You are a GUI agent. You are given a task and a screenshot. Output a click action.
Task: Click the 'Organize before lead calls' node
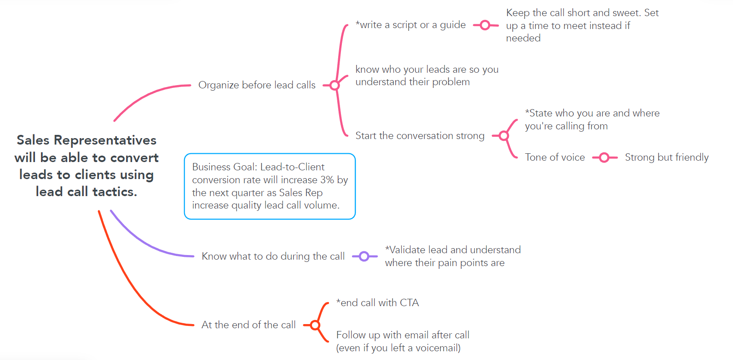coord(257,85)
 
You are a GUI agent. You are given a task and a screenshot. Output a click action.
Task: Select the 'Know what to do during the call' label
coord(273,256)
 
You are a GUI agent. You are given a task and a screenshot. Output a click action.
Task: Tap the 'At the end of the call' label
coord(248,325)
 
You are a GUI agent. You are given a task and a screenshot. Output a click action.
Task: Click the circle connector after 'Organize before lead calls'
coord(335,85)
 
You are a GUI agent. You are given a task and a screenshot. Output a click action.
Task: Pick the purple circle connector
coord(364,256)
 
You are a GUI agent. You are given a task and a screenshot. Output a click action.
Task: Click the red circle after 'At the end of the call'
coord(315,325)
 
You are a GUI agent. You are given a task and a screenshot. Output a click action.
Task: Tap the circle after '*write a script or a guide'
coord(485,25)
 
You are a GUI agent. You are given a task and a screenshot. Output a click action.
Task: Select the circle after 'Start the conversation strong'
coord(504,136)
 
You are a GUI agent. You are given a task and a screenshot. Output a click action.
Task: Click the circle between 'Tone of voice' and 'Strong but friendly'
coord(604,158)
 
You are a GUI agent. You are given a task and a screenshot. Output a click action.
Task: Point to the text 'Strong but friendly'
coord(666,157)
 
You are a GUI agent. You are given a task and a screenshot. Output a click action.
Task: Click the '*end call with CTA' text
coord(377,303)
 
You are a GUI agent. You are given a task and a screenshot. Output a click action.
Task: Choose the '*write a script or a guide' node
coord(410,25)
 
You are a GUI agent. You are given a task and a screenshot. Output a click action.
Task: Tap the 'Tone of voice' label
coord(554,157)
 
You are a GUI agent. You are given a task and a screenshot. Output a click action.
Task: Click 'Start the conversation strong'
coord(420,136)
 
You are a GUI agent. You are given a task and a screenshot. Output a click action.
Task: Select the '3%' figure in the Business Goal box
coord(327,180)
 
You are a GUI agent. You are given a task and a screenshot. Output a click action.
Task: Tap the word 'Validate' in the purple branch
coord(408,250)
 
